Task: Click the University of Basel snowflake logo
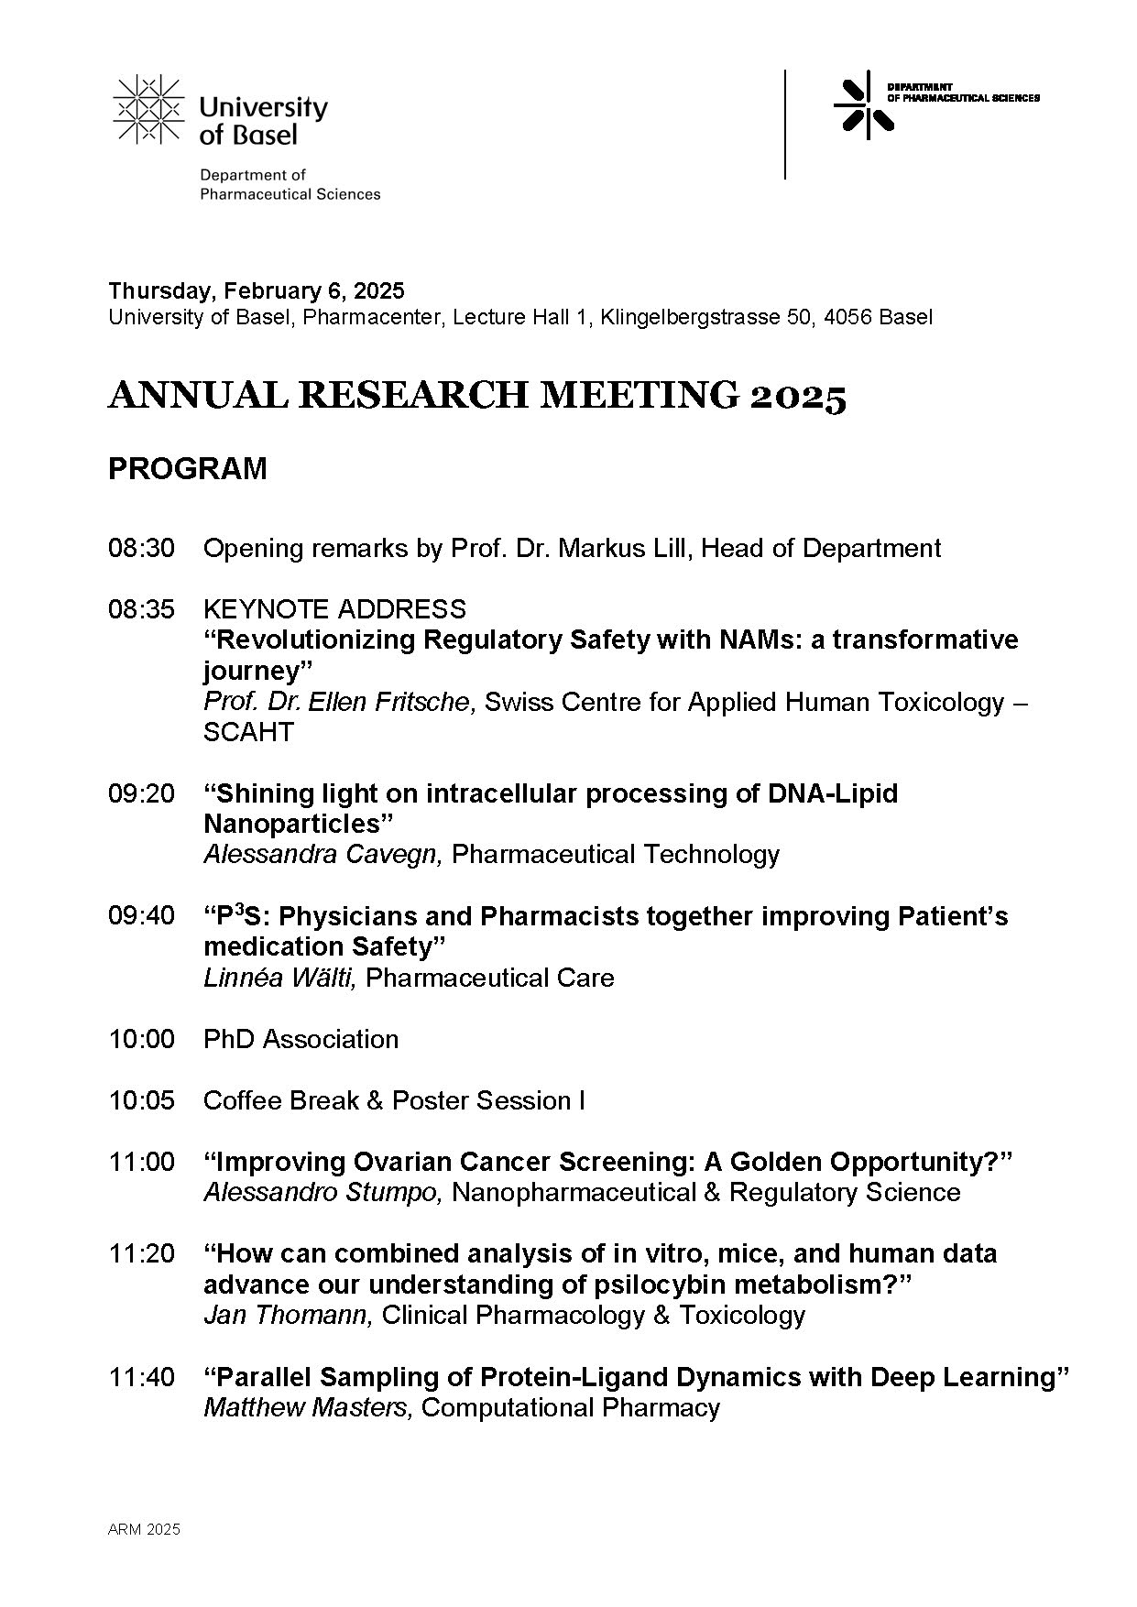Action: [147, 110]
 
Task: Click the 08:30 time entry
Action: [141, 549]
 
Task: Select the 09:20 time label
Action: [141, 793]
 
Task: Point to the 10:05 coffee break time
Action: [141, 1100]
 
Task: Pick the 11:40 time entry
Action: [141, 1377]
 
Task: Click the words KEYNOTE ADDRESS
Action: [334, 609]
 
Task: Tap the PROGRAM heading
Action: [188, 469]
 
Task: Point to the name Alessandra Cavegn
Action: [323, 855]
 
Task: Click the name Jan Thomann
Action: [287, 1316]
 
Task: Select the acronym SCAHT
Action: [248, 733]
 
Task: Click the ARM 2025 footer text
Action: [144, 1530]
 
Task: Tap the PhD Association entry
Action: [301, 1040]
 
